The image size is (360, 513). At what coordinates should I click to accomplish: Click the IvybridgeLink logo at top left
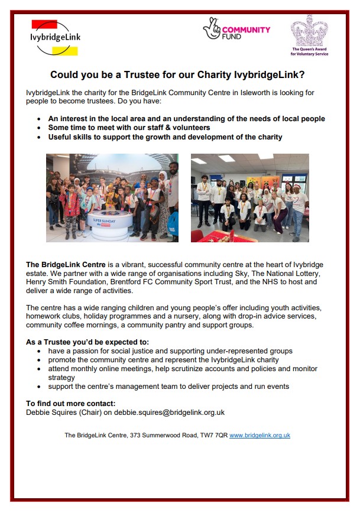coord(55,37)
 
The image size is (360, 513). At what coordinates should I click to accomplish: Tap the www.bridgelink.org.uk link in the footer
coord(260,435)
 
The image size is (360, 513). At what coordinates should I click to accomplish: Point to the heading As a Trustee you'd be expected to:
coord(87,342)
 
